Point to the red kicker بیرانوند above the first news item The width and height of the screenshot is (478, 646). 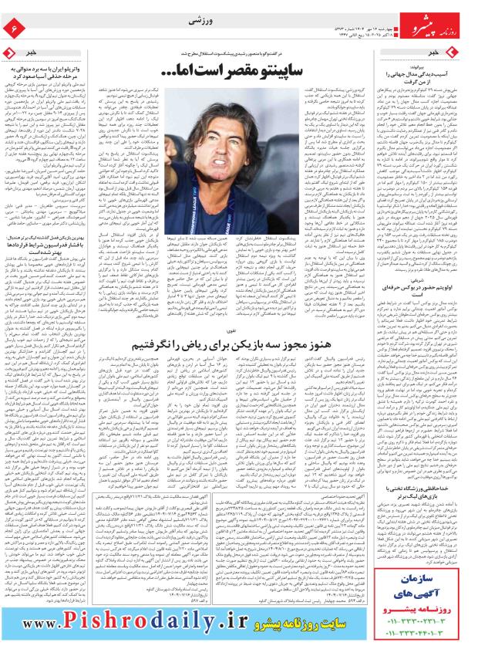(x=456, y=66)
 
